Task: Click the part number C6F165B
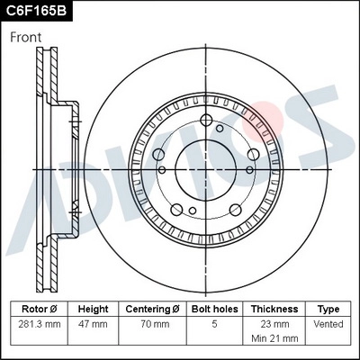pos(36,11)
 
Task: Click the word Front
pos(26,37)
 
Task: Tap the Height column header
pos(93,309)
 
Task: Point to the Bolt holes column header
pos(215,309)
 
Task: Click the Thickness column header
pos(274,309)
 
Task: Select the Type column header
pos(328,309)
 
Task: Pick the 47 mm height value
pos(93,323)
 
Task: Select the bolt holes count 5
pos(215,323)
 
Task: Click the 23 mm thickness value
pos(274,323)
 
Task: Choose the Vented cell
pos(328,323)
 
